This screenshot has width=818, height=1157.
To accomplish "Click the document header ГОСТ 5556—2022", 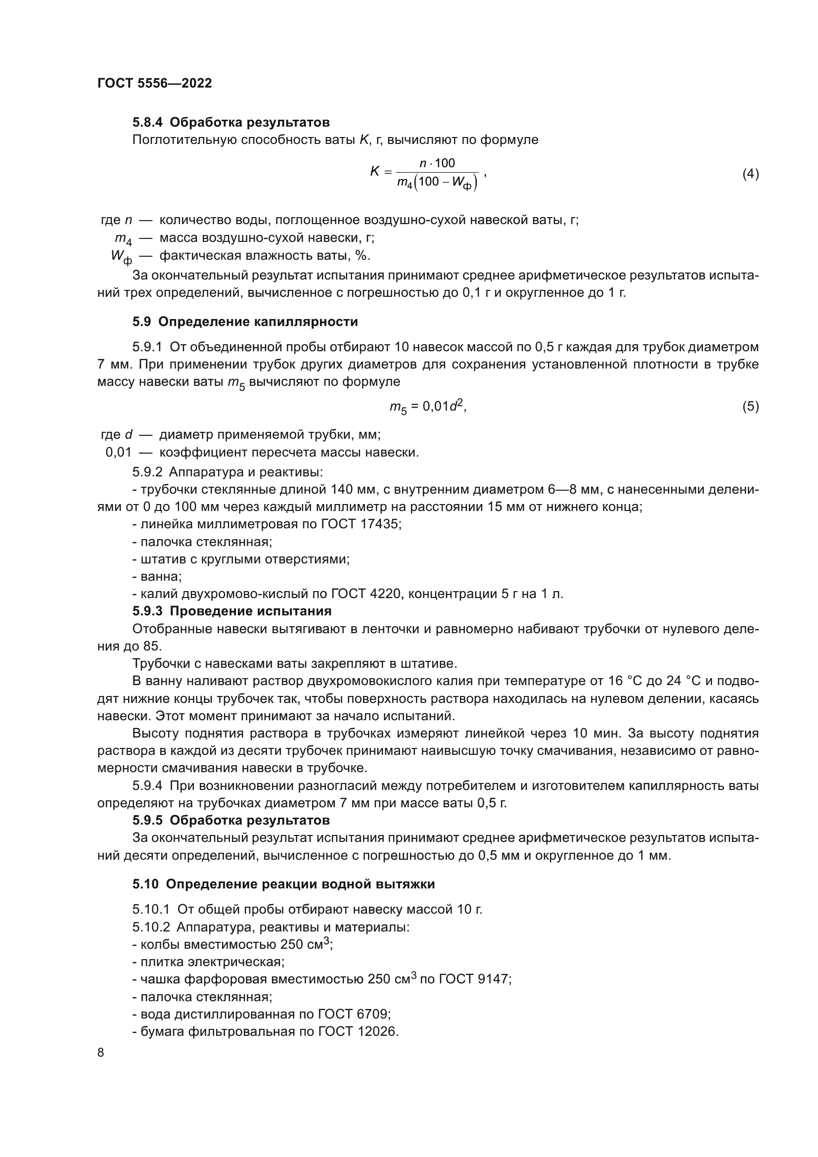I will click(x=155, y=83).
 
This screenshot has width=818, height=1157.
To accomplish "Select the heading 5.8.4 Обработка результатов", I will click(x=231, y=123).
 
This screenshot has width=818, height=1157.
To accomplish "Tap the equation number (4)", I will click(x=750, y=174).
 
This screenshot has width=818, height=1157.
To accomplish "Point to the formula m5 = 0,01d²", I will click(x=428, y=407).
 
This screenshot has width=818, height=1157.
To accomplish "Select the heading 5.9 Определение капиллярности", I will click(x=245, y=322).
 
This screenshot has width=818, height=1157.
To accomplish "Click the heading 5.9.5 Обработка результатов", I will click(x=231, y=820).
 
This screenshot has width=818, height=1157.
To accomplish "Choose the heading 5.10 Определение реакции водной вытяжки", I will click(x=283, y=884).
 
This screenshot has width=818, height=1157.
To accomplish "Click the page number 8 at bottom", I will click(x=101, y=1053).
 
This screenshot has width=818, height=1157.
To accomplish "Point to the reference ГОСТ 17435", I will click(x=361, y=524).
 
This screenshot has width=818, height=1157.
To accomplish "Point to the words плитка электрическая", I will click(x=212, y=962).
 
